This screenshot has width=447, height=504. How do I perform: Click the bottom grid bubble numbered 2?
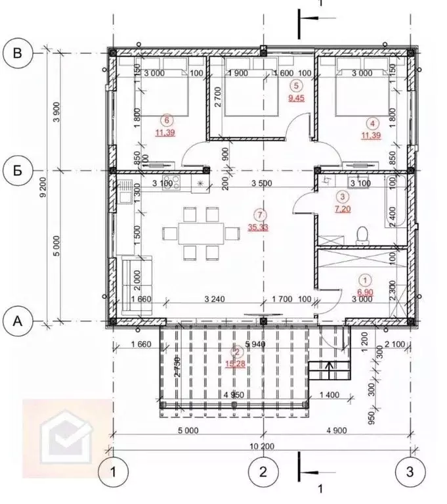tap(263, 471)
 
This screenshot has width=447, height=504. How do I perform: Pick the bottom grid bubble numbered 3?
tap(410, 471)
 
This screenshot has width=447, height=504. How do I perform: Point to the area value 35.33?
tap(262, 227)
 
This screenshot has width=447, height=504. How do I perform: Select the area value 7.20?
tap(342, 208)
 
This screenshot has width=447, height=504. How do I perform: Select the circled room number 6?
tap(167, 120)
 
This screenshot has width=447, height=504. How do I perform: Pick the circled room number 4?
tap(372, 122)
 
